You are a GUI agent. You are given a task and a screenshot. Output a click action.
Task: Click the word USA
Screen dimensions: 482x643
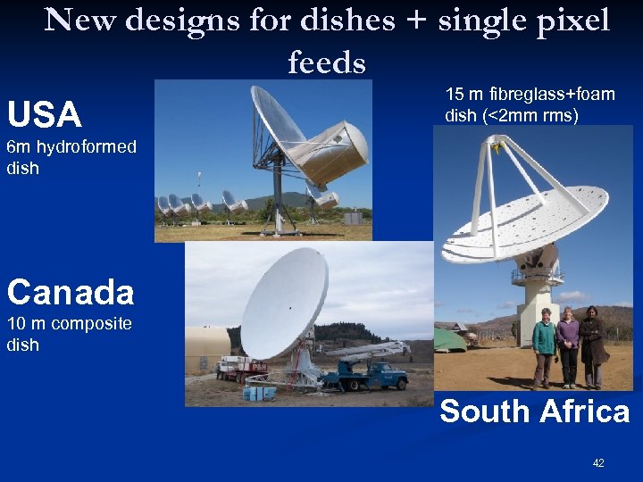tap(44, 115)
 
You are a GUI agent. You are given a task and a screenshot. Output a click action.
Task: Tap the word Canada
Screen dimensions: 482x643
tap(70, 291)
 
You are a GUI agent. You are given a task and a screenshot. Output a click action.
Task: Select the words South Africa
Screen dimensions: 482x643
tap(534, 411)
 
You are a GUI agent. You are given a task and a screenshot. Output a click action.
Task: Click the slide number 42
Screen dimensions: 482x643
tap(598, 463)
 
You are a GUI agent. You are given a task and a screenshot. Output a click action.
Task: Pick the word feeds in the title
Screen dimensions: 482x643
tap(327, 62)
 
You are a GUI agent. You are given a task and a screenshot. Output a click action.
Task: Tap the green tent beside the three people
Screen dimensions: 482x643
tap(450, 339)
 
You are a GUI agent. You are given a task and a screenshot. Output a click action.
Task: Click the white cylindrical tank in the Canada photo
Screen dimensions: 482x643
tap(207, 348)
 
